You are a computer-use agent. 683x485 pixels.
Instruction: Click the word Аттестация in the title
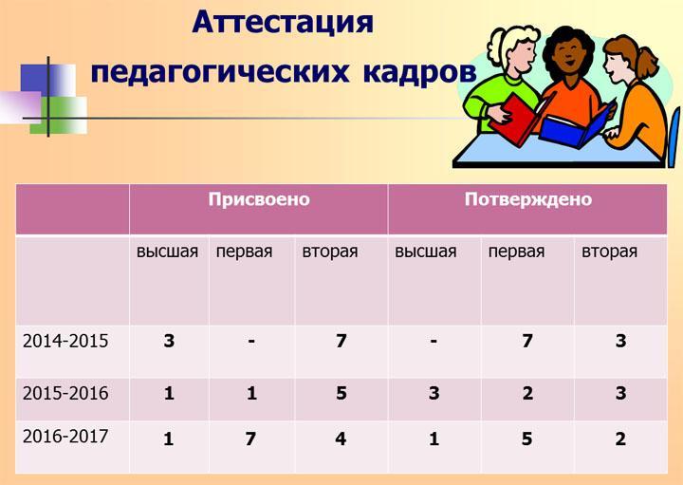click(283, 22)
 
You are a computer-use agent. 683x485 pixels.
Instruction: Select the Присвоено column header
click(259, 199)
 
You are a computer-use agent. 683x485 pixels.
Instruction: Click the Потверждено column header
click(528, 199)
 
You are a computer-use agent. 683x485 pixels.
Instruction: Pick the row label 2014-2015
click(65, 341)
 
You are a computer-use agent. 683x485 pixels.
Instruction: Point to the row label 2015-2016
click(65, 393)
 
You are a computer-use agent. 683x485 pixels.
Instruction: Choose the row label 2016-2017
click(65, 437)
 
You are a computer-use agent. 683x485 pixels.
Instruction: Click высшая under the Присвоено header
click(167, 252)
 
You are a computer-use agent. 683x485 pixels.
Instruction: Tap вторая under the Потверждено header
click(609, 252)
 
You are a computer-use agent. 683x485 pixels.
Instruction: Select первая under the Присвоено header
click(245, 252)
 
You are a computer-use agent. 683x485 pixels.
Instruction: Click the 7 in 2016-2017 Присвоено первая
click(250, 438)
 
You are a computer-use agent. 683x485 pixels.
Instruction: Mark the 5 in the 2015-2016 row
click(341, 393)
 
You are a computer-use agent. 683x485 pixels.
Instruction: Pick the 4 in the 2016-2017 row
click(341, 438)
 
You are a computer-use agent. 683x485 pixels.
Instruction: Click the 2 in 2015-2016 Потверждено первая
click(527, 393)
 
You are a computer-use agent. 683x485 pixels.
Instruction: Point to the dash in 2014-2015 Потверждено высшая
click(434, 341)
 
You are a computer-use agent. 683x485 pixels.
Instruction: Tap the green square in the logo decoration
click(59, 115)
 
